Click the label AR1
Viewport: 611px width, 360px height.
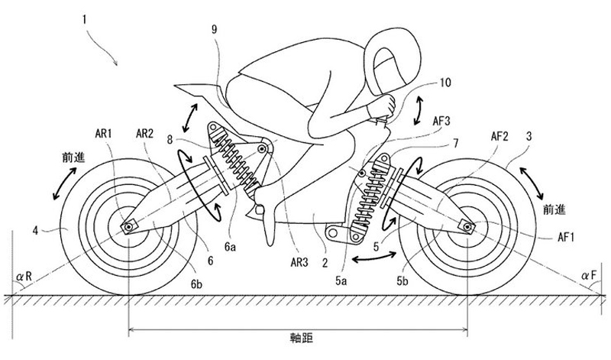click(x=103, y=134)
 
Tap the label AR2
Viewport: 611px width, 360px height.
click(x=144, y=134)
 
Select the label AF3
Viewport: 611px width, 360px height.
click(x=441, y=121)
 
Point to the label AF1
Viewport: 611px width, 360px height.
click(x=566, y=237)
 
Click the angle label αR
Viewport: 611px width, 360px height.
click(x=24, y=277)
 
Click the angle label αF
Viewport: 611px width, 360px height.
click(x=589, y=276)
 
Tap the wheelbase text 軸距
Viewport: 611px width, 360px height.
click(x=301, y=338)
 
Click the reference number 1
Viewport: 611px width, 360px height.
click(x=84, y=19)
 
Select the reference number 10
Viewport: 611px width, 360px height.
click(x=445, y=83)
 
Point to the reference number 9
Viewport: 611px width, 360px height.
click(x=215, y=30)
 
